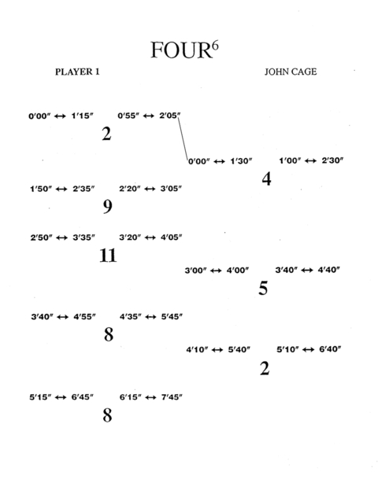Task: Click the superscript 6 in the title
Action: pos(215,46)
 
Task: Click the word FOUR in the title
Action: pos(181,50)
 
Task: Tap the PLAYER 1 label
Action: pos(77,72)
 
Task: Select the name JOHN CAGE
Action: pos(291,72)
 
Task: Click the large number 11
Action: pos(108,256)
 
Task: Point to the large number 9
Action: pos(107,207)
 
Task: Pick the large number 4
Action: pos(266,179)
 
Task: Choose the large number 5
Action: pos(263,288)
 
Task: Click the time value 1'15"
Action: pos(82,116)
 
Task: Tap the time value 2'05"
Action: pos(170,116)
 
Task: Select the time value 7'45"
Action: pos(172,397)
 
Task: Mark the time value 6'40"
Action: pos(330,349)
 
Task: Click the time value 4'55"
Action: pos(84,317)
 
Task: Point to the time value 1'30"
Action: pos(241,161)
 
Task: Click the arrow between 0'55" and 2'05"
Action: pos(149,116)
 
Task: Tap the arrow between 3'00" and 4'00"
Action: pos(216,271)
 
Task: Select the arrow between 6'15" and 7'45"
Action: pos(150,397)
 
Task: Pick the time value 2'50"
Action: pos(41,238)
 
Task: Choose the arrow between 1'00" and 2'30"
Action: pos(310,160)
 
